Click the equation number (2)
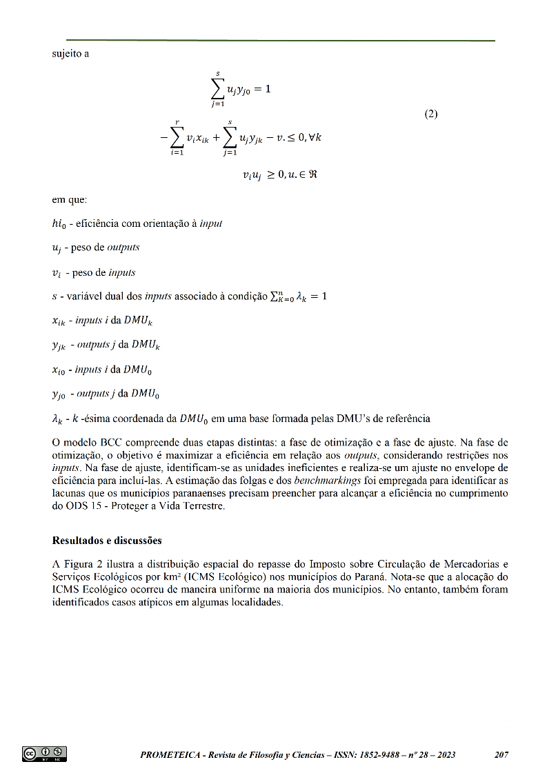pos(430,114)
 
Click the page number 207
pos(501,755)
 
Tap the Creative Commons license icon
pos(45,753)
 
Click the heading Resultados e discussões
pos(107,540)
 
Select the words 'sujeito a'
pos(70,54)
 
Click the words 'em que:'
pos(70,201)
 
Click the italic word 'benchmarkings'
pos(325,481)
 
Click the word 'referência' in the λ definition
pos(406,419)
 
